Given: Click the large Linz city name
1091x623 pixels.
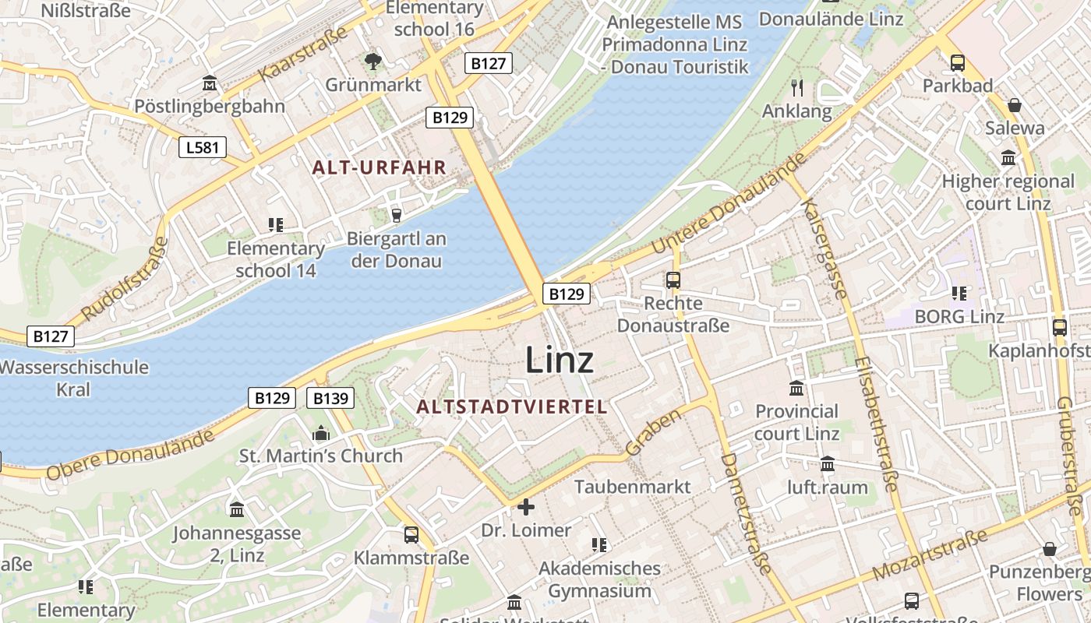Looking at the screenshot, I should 560,360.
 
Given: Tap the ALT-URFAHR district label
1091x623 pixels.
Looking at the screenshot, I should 380,167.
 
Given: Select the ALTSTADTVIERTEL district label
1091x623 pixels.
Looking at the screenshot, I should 511,407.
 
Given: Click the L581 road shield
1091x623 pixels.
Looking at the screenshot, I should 203,146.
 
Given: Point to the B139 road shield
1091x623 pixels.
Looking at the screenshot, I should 330,398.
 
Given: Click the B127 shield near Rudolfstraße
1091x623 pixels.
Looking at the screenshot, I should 51,336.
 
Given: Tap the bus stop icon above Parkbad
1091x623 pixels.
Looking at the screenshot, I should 957,63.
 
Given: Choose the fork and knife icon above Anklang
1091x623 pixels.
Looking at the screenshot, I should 796,87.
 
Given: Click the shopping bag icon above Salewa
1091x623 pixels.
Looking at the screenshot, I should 1014,104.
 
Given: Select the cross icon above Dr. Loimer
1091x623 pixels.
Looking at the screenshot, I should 526,507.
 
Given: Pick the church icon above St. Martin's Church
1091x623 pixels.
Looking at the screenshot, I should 321,433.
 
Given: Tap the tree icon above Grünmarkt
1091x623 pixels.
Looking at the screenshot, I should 373,61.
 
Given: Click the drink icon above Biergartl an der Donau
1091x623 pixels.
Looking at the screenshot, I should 396,216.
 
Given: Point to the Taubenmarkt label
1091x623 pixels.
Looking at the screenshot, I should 633,487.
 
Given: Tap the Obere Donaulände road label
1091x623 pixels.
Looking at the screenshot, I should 130,456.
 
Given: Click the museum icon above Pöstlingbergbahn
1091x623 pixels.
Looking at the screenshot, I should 209,83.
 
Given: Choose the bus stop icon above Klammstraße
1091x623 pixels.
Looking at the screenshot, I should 411,535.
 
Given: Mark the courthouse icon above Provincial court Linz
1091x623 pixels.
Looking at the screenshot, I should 796,388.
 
